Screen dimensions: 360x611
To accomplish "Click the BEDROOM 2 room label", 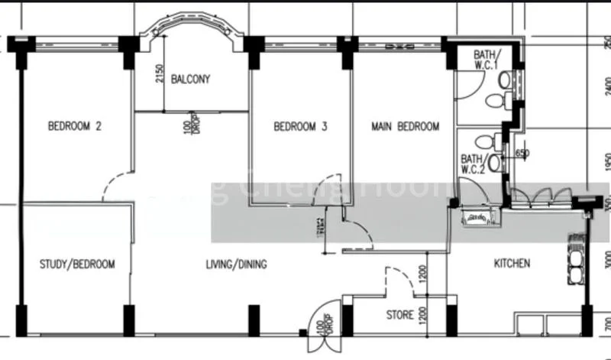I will (75, 127).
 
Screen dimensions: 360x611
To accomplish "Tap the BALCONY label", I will (190, 79).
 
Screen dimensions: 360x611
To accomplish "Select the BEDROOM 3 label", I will (300, 127).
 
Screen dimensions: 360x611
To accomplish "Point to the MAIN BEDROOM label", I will (406, 126).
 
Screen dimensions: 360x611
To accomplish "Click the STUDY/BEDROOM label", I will (77, 264).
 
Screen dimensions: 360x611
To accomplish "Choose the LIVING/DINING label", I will (236, 264).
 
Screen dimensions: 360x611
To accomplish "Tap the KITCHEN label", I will (512, 264).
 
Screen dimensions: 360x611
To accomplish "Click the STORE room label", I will (400, 314).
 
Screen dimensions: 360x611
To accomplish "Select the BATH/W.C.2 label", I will (473, 164).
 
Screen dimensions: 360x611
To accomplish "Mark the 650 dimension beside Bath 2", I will (522, 153).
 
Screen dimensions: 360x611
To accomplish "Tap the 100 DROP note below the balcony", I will (190, 126).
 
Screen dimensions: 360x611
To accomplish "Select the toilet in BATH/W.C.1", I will (494, 99).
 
